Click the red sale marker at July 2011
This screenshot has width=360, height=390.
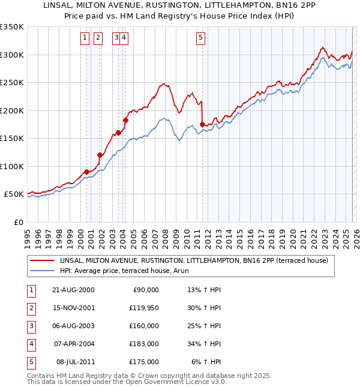[202, 124]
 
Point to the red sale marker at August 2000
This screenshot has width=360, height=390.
[86, 172]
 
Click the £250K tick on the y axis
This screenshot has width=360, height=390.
[12, 83]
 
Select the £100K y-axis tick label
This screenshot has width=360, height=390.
[12, 166]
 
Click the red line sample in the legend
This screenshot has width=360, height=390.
[43, 261]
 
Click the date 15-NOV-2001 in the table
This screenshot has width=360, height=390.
[73, 308]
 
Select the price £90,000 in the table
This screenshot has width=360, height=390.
[146, 290]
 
